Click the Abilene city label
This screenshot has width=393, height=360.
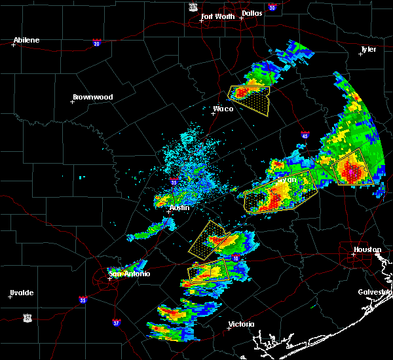point(26,40)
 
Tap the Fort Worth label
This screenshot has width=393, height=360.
point(217,16)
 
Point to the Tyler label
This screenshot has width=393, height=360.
point(369,50)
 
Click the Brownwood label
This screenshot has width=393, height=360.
point(92,97)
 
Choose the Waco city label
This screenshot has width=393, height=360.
point(223,109)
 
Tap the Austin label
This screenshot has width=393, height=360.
point(179,207)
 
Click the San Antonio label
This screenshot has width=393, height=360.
point(130,274)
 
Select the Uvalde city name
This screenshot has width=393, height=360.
point(22,293)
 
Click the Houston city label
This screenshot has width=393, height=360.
point(367,249)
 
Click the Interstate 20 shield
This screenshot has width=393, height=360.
point(97,43)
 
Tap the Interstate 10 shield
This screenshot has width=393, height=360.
point(235,260)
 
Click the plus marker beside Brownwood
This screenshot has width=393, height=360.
point(72,101)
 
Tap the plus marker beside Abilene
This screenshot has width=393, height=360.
point(13,45)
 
